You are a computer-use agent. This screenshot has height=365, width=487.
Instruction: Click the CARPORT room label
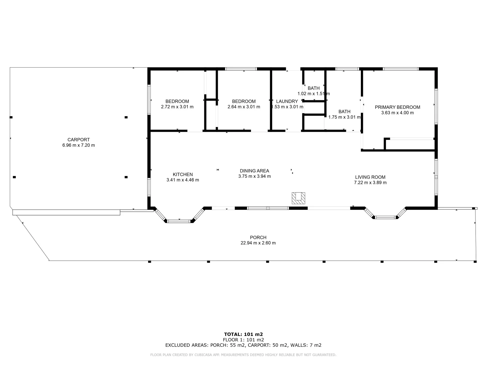(x=78, y=140)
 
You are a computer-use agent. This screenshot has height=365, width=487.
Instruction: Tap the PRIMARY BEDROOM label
(x=397, y=107)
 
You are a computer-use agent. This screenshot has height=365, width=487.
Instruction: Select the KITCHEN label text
(x=183, y=174)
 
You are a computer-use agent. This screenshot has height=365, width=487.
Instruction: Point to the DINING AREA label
(x=254, y=171)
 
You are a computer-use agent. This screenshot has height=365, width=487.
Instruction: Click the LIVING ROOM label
(x=370, y=177)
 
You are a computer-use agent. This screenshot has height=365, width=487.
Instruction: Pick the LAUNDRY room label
(x=287, y=101)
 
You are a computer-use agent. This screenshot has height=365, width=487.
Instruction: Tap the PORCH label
(x=258, y=237)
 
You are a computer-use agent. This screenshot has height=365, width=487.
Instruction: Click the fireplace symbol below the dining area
(x=299, y=198)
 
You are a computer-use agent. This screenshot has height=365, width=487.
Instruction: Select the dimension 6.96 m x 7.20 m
(x=78, y=145)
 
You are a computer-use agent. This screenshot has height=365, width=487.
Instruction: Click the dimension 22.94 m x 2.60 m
(x=258, y=243)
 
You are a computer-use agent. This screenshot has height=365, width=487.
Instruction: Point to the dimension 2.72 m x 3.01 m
(x=177, y=107)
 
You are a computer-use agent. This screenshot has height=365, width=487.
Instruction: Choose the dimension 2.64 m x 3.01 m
(x=244, y=107)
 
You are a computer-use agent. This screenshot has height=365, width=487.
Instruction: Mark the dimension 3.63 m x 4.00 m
(x=397, y=113)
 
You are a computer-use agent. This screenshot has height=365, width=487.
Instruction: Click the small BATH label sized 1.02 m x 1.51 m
(x=314, y=88)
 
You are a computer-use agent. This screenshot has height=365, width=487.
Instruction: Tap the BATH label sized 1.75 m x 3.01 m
(x=344, y=112)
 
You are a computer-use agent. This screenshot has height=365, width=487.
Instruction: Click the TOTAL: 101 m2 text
(x=243, y=334)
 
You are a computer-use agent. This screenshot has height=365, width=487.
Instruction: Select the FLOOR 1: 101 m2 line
(x=243, y=340)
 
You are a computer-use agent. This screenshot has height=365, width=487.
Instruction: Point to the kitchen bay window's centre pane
(x=179, y=221)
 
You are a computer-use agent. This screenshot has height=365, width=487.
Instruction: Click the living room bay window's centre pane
(x=385, y=217)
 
